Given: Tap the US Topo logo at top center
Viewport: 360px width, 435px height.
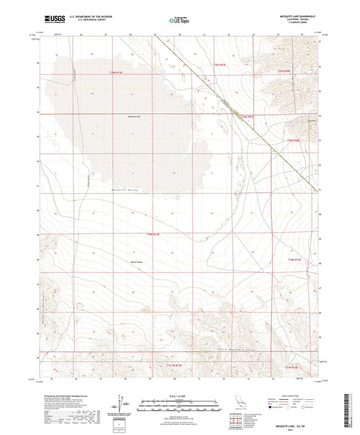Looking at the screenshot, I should coord(179,21).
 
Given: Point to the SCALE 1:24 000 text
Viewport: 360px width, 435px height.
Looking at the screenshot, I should coord(179,396).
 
